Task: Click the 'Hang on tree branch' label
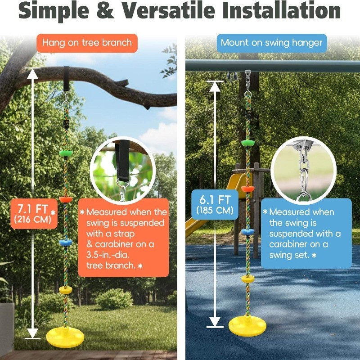pyautogui.click(x=87, y=43)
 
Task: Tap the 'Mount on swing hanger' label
pyautogui.click(x=272, y=43)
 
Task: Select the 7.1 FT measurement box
pyautogui.click(x=34, y=214)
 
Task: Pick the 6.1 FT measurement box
pyautogui.click(x=215, y=204)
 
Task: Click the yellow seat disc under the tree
pyautogui.click(x=65, y=337)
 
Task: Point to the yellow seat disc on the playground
pyautogui.click(x=247, y=326)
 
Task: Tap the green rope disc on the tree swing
pyautogui.click(x=66, y=153)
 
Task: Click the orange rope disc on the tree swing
pyautogui.click(x=66, y=199)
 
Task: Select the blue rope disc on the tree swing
pyautogui.click(x=66, y=243)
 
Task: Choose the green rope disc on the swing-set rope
pyautogui.click(x=248, y=143)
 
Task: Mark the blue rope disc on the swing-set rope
pyautogui.click(x=248, y=232)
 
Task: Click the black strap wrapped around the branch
pyautogui.click(x=66, y=79)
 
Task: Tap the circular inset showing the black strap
pyautogui.click(x=122, y=171)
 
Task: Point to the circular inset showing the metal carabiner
pyautogui.click(x=304, y=171)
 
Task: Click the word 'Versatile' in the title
pyautogui.click(x=168, y=10)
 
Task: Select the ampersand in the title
pyautogui.click(x=105, y=10)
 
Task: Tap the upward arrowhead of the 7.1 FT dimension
pyautogui.click(x=32, y=73)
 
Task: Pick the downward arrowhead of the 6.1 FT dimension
pyautogui.click(x=215, y=321)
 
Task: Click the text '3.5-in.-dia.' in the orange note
pyautogui.click(x=108, y=255)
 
